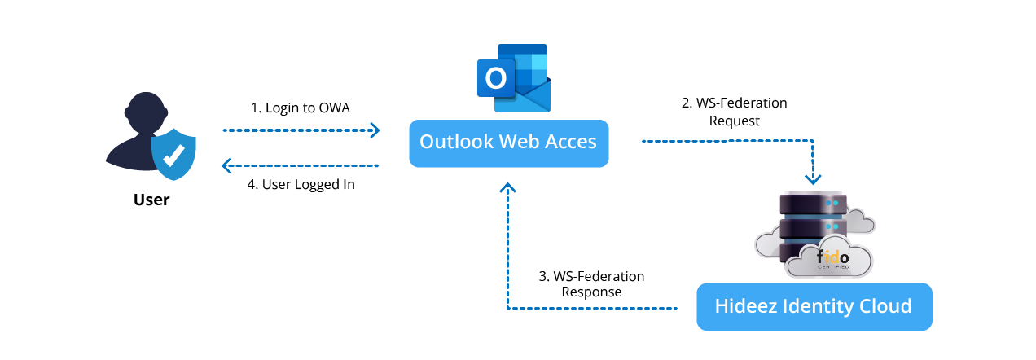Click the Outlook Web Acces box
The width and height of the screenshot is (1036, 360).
point(508,143)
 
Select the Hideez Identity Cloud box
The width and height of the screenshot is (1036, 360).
point(814,306)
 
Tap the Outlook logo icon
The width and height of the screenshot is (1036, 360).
point(514,78)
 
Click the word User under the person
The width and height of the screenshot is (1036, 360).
point(151,199)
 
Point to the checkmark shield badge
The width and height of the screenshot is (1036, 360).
point(173,152)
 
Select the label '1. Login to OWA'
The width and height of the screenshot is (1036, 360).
point(300,108)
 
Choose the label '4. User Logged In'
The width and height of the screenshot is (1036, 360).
point(301,184)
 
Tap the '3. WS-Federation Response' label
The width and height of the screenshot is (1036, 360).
point(591,284)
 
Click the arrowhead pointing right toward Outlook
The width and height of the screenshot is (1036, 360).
point(375,130)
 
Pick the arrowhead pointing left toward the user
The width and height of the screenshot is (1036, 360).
point(228,166)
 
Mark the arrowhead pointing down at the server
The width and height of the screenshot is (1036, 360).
point(813,178)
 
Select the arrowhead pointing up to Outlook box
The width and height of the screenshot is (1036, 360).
point(508,188)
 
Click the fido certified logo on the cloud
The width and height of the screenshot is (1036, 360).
point(832,260)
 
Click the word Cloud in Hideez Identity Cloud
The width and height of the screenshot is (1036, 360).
point(883,306)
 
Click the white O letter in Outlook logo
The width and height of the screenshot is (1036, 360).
point(494,77)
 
